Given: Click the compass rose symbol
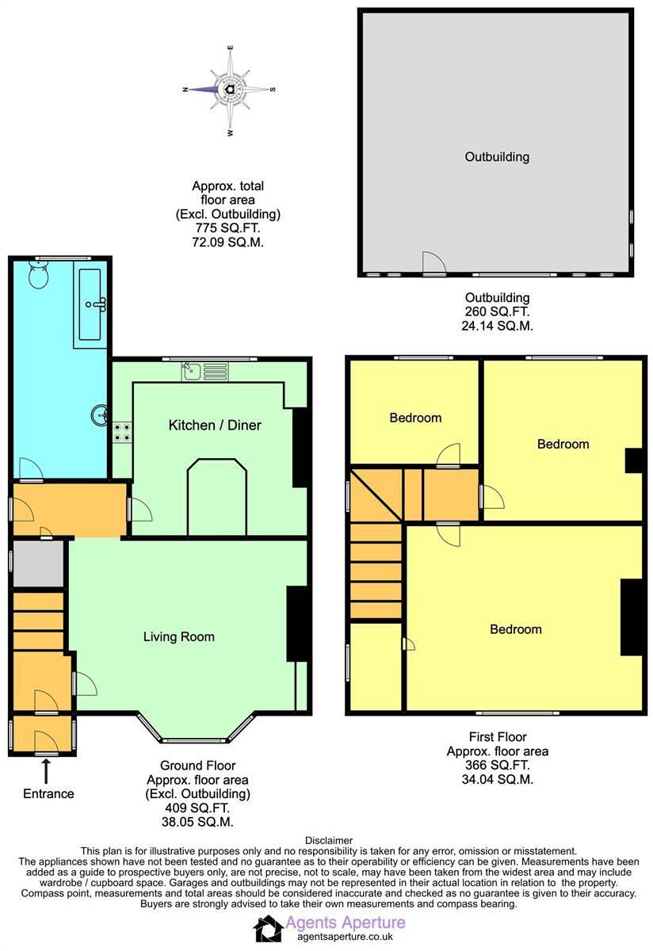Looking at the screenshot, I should (230, 90).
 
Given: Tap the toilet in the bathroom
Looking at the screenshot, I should (39, 276).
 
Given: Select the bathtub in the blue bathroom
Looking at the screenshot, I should (90, 304).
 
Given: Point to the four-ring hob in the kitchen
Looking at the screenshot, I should (122, 432).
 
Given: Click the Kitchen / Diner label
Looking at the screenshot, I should (215, 426).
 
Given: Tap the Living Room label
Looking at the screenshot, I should (178, 636).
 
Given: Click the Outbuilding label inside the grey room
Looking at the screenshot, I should (496, 157).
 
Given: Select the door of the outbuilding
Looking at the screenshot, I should (433, 264).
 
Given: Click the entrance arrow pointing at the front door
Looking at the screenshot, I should (45, 769).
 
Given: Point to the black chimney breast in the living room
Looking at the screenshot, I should (296, 624).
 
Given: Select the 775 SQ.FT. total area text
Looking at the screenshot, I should (227, 228).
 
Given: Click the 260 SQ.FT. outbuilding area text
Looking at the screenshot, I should (497, 311).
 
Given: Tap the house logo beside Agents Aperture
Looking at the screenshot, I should (268, 928).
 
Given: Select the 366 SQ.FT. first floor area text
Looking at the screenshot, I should (497, 766).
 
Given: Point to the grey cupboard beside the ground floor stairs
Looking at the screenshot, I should (38, 564).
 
